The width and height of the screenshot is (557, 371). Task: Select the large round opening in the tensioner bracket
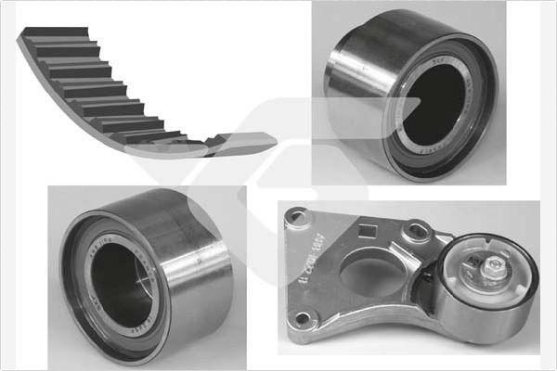[369, 276]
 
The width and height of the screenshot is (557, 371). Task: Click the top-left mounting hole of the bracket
[297, 219]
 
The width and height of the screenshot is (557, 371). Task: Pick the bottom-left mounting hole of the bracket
[302, 325]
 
